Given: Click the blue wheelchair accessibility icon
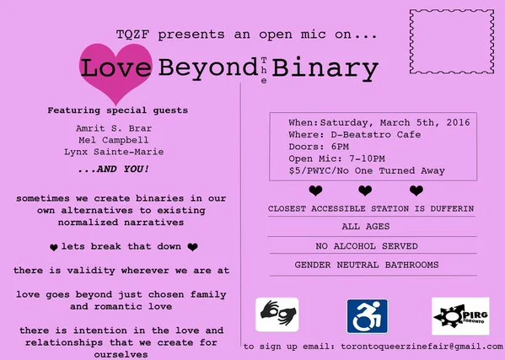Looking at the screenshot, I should (367, 315).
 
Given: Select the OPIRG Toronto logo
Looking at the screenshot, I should (454, 315).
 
